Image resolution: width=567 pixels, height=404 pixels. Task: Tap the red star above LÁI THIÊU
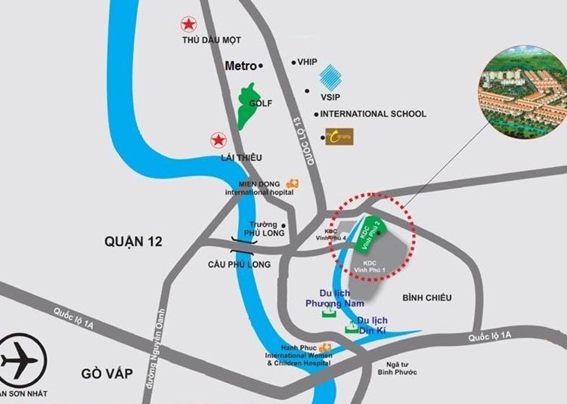[x=218, y=140]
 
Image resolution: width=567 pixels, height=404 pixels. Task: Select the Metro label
[x=240, y=66]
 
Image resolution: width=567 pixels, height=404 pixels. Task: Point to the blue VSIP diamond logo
[x=331, y=77]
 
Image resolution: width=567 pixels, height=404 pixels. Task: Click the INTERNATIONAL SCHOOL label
[x=373, y=114]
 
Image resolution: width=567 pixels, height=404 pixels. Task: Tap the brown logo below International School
[x=339, y=136]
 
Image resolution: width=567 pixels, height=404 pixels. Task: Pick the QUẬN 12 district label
[x=134, y=242]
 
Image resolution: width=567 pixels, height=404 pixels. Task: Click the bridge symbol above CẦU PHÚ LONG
[x=243, y=242]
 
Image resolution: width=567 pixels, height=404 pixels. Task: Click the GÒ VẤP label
[x=107, y=373]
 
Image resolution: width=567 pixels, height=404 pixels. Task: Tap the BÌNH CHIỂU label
[x=427, y=298]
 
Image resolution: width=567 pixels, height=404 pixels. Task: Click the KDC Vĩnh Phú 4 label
[x=335, y=235]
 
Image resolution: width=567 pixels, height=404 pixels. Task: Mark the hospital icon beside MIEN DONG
[x=292, y=183]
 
